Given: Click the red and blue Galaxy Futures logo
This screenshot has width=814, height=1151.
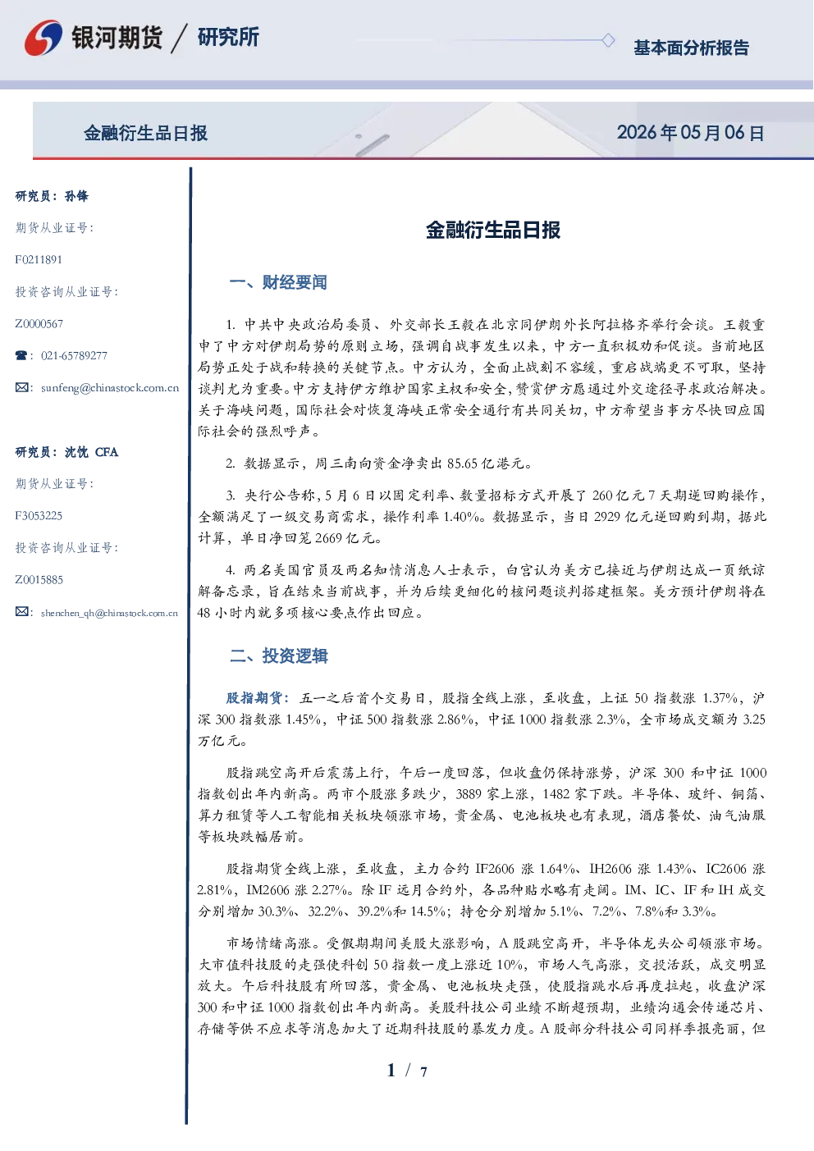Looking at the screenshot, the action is point(43,38).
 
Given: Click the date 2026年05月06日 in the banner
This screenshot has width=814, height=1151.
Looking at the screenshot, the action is point(690,133).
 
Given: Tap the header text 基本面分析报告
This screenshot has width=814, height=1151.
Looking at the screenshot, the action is point(691,48).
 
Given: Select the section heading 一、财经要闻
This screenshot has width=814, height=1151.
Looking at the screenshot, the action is point(278,282).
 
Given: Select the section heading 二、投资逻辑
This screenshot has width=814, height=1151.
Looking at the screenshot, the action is point(278,655).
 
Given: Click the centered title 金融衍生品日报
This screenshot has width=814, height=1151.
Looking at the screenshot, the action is point(493,230).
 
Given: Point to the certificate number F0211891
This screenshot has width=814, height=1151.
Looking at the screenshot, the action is point(39,260).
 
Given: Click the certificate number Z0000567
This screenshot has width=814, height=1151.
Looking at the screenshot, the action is point(39,324).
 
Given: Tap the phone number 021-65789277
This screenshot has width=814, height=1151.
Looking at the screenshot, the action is point(74,355).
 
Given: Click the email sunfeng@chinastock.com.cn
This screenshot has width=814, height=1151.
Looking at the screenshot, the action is point(110,388).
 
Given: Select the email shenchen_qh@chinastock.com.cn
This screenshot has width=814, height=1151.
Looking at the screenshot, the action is point(109,613).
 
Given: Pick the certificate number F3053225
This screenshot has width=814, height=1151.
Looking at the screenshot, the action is point(39,516).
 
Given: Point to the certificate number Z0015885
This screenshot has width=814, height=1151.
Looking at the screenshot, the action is point(39,580).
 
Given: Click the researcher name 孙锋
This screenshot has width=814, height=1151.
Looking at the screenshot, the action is point(76,196).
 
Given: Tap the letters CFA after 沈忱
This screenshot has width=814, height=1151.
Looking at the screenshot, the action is point(107,452).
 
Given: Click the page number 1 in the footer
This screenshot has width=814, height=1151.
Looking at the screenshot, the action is point(391,1071).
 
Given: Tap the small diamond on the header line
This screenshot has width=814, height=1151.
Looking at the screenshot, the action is point(608,40).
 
